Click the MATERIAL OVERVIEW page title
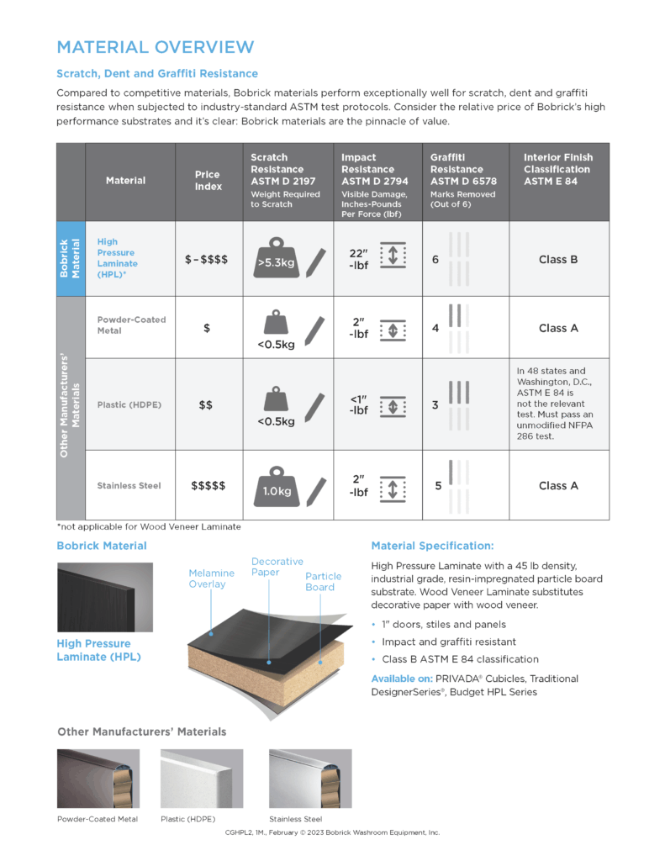point(155,46)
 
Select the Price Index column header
point(208,180)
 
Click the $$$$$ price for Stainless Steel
point(208,486)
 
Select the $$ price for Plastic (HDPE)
point(206,405)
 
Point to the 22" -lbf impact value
point(359,259)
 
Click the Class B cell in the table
point(558,259)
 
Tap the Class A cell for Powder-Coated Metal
point(558,328)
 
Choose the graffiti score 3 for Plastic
point(435,405)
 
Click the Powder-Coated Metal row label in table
point(131,325)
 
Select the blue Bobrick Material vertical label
point(71,259)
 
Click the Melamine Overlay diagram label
point(211,578)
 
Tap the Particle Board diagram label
point(324,582)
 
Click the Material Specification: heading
point(432,546)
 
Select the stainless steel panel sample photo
point(309,779)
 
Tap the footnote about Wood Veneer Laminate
point(148,526)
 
